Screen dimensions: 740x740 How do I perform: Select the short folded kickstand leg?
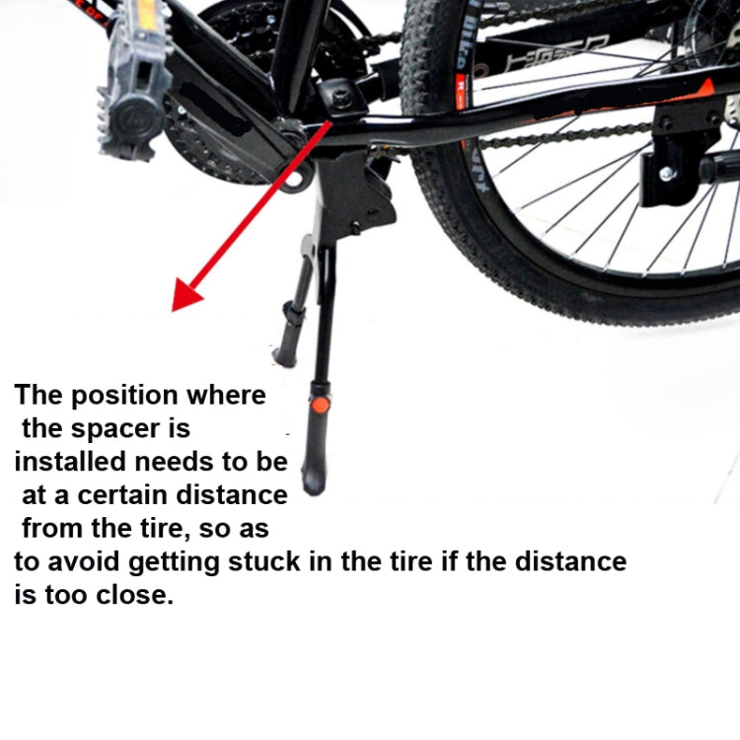coord(293,322)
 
